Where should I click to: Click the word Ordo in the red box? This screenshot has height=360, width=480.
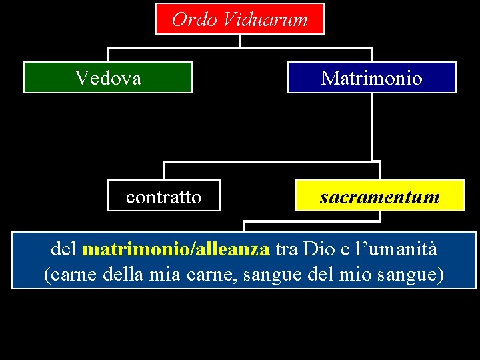point(192,19)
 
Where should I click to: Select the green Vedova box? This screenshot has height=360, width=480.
point(108,77)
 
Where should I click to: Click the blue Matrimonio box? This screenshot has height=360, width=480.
point(372,77)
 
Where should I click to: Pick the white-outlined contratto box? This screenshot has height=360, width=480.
point(164,196)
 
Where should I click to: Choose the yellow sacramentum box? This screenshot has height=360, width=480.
point(380,196)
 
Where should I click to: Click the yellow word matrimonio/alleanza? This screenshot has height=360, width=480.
point(176,249)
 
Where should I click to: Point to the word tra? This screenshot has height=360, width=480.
point(287,249)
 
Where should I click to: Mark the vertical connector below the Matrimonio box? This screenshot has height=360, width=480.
point(372,127)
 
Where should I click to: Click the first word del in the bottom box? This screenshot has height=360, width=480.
point(64,249)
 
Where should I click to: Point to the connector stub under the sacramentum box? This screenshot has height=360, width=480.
point(379,216)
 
